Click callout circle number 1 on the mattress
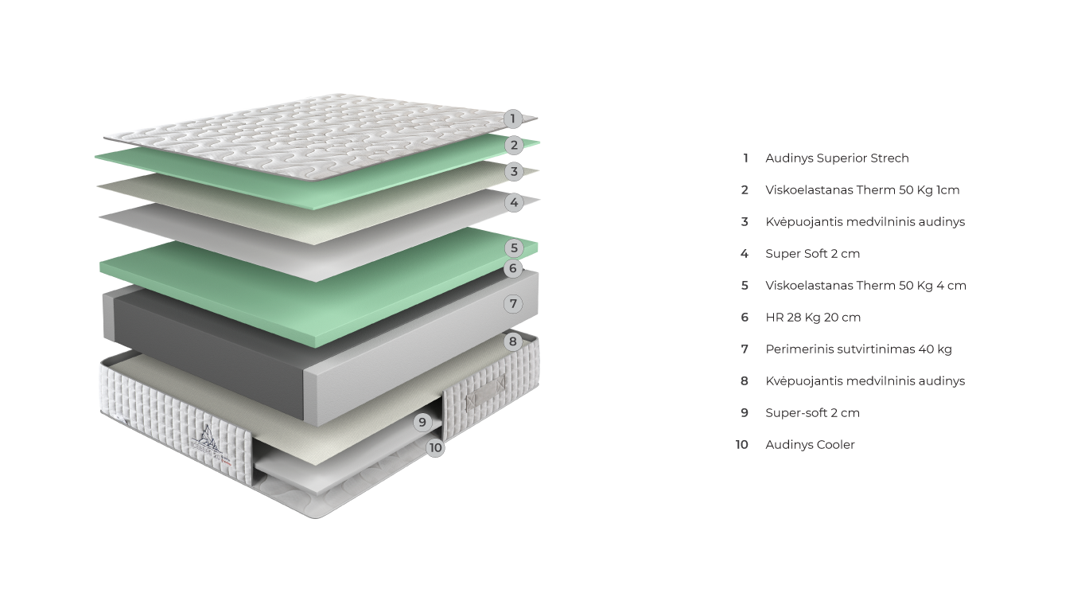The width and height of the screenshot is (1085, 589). pos(513,119)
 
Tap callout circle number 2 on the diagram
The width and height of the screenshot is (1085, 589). pos(514,145)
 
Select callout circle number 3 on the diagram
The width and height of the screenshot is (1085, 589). pos(514,171)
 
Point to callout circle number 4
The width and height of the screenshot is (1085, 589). pos(514,203)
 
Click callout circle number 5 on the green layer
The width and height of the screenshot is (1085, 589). pos(514,248)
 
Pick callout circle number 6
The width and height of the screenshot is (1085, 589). pos(513,268)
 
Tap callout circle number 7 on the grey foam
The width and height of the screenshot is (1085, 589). pos(513,303)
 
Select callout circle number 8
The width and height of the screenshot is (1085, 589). pos(513,342)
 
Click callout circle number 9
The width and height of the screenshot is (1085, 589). pos(422,422)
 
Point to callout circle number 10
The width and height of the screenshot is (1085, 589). pos(435,447)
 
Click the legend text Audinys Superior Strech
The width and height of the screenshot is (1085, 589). pos(837,158)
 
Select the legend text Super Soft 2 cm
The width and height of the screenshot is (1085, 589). pos(812,253)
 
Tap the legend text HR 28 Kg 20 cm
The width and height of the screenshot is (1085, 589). pos(813,317)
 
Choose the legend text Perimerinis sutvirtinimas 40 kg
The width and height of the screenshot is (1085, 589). pos(858,349)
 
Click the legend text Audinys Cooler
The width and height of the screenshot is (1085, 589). pos(810,444)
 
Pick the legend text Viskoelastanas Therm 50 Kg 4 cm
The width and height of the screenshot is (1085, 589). pos(865,285)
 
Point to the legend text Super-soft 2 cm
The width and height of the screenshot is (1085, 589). pos(812,412)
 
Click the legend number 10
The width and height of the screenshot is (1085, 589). pos(742,444)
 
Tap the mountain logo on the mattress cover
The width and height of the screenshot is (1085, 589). pos(208,439)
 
